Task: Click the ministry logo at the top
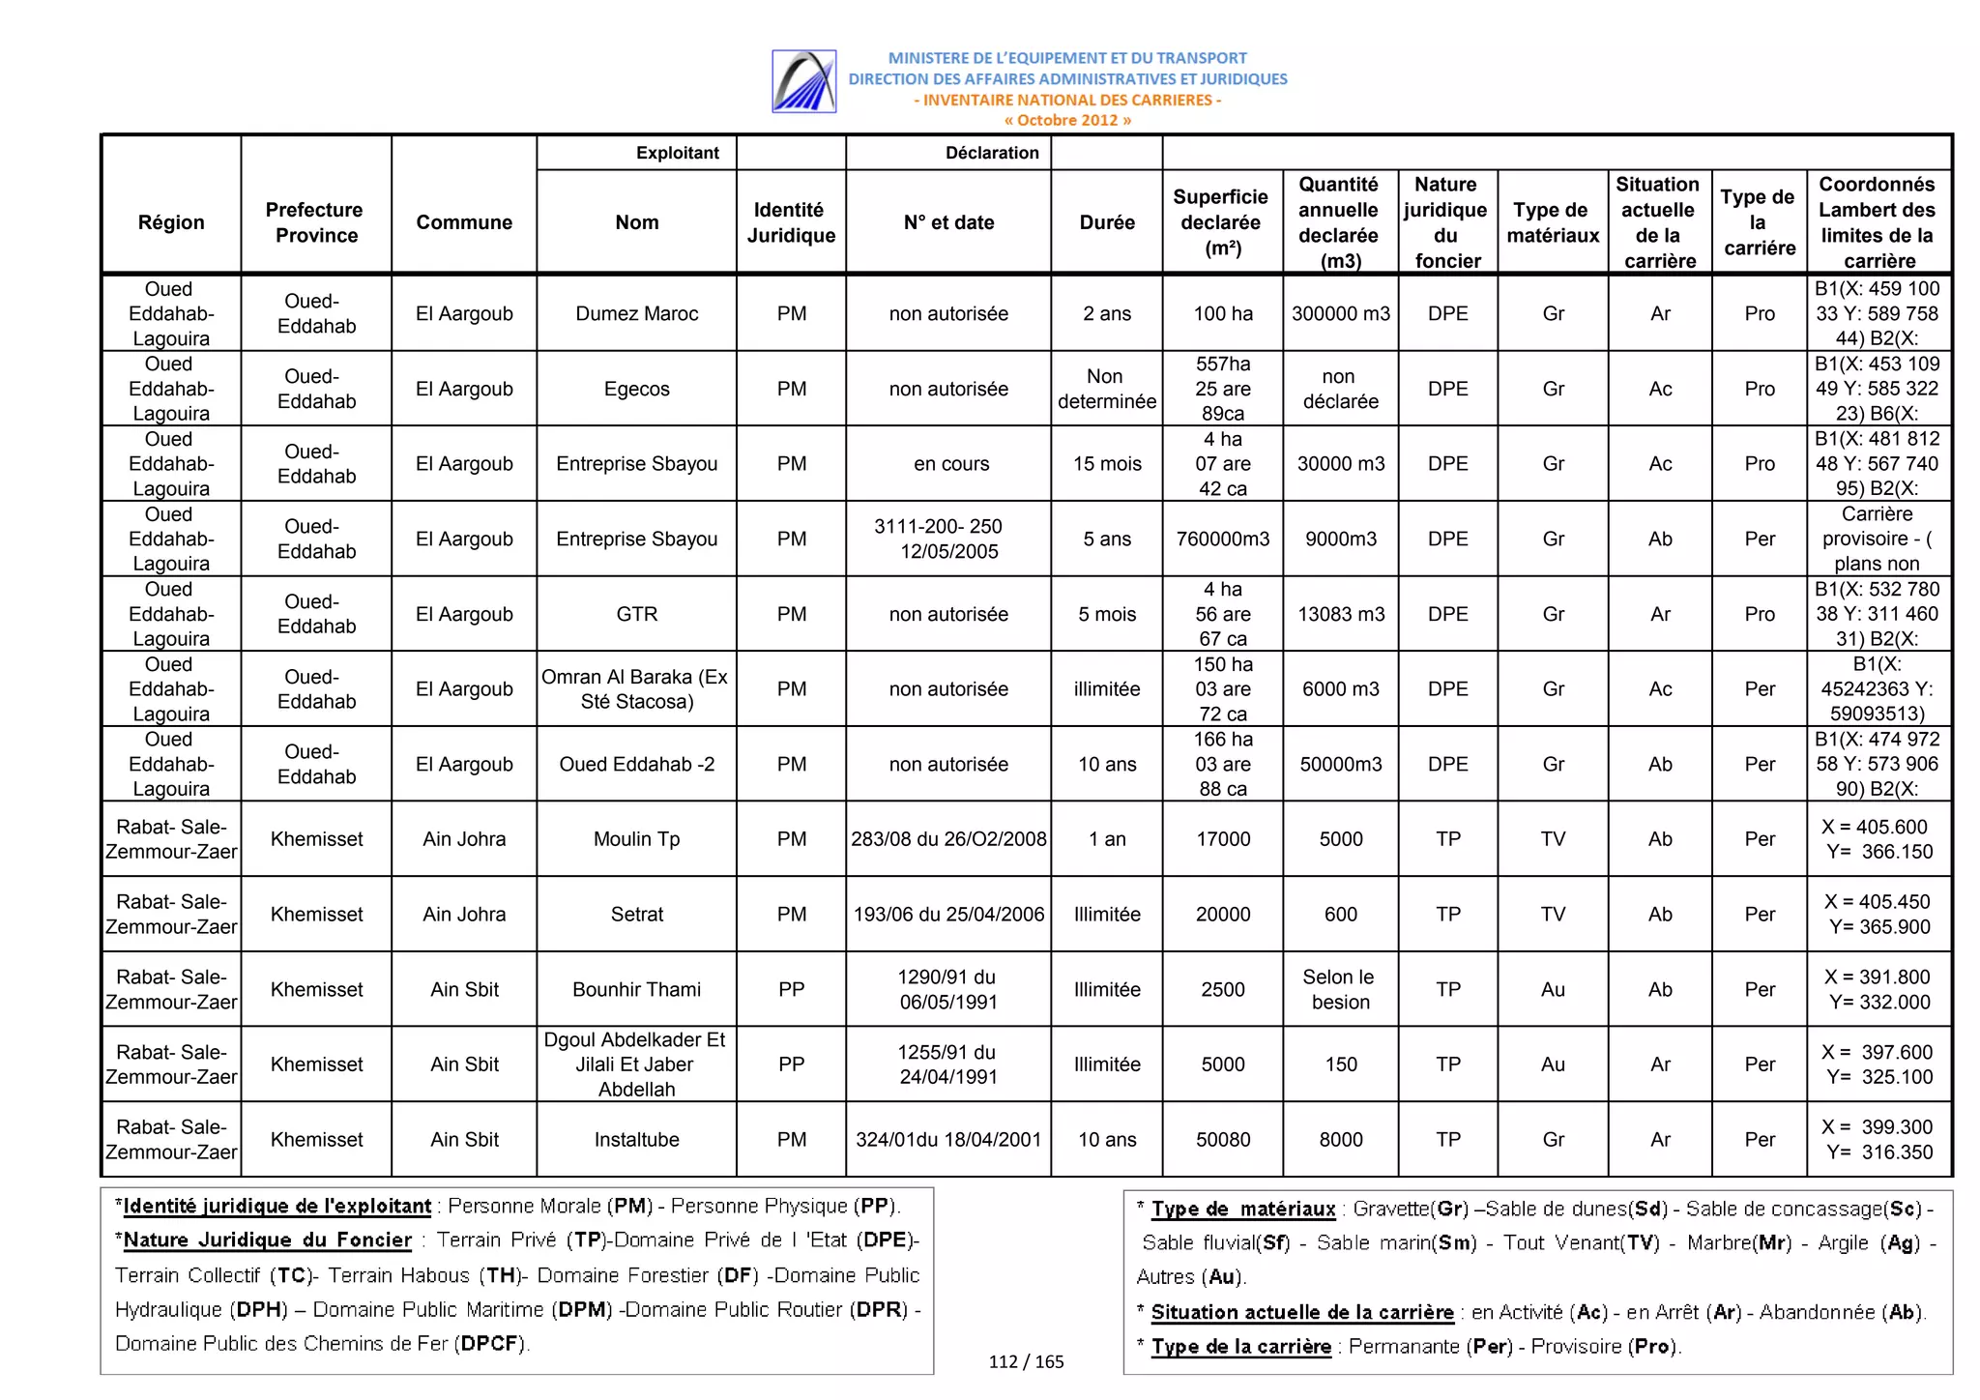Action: click(x=803, y=81)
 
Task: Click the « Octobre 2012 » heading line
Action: click(x=1067, y=121)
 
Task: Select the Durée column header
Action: click(x=1106, y=222)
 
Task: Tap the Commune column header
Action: click(x=464, y=222)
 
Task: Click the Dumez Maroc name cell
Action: click(x=636, y=314)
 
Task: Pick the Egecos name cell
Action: click(x=636, y=389)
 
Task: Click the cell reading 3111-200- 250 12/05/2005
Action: click(x=948, y=539)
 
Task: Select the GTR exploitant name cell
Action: click(x=636, y=614)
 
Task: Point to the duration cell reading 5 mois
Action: click(x=1106, y=614)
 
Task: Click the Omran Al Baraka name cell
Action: click(x=636, y=688)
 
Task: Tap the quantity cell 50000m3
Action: click(x=1340, y=764)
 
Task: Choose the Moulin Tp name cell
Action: click(x=636, y=839)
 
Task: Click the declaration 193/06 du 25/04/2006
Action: click(x=948, y=915)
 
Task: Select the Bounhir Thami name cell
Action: click(x=636, y=989)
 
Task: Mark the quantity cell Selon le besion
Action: click(x=1340, y=989)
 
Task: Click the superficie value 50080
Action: click(x=1222, y=1140)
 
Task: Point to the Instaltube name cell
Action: click(x=636, y=1140)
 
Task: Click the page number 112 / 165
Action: click(x=1026, y=1362)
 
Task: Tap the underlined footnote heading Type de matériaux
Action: click(x=1242, y=1210)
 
